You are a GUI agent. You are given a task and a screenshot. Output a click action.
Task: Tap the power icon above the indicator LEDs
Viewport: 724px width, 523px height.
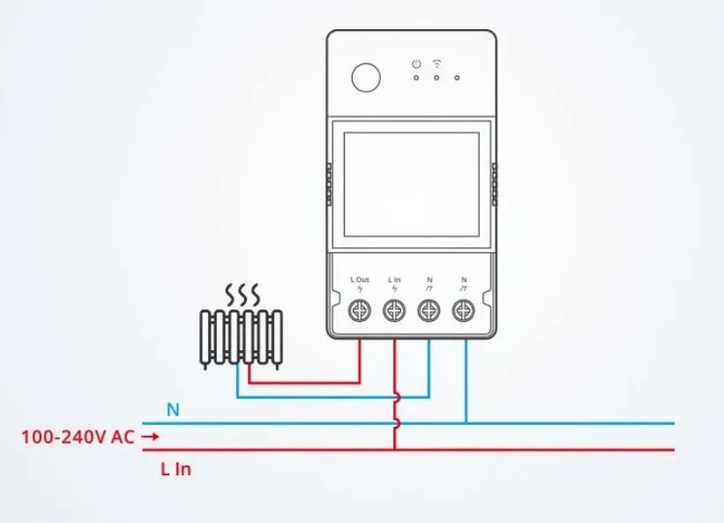(x=415, y=63)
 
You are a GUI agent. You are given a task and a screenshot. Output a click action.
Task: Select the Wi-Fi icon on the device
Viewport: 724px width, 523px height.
(x=437, y=63)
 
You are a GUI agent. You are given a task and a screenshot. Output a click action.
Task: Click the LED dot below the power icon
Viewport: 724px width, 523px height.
(x=415, y=78)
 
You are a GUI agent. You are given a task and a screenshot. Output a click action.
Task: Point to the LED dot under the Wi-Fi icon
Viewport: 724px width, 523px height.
(x=437, y=78)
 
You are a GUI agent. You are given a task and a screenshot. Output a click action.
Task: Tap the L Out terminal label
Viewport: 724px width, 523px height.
(x=359, y=280)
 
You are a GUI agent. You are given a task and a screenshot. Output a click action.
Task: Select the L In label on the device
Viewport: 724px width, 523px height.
(x=394, y=280)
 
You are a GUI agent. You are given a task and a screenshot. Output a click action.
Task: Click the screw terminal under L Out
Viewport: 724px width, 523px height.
(x=359, y=310)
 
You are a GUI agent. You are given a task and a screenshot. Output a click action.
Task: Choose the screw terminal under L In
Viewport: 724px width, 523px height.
(x=394, y=310)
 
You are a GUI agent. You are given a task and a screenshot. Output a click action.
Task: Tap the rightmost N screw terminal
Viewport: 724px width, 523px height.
(x=464, y=310)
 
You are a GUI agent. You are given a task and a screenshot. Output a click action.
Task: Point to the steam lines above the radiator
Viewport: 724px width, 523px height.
(x=242, y=294)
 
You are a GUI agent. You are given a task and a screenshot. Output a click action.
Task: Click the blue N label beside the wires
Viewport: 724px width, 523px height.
(x=173, y=410)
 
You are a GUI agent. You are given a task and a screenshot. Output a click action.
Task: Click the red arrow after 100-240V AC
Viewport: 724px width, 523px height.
(x=151, y=437)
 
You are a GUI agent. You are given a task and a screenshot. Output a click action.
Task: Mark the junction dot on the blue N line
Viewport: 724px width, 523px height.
(x=465, y=423)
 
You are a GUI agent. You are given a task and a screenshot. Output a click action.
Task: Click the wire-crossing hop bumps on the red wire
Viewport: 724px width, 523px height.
(x=395, y=410)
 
